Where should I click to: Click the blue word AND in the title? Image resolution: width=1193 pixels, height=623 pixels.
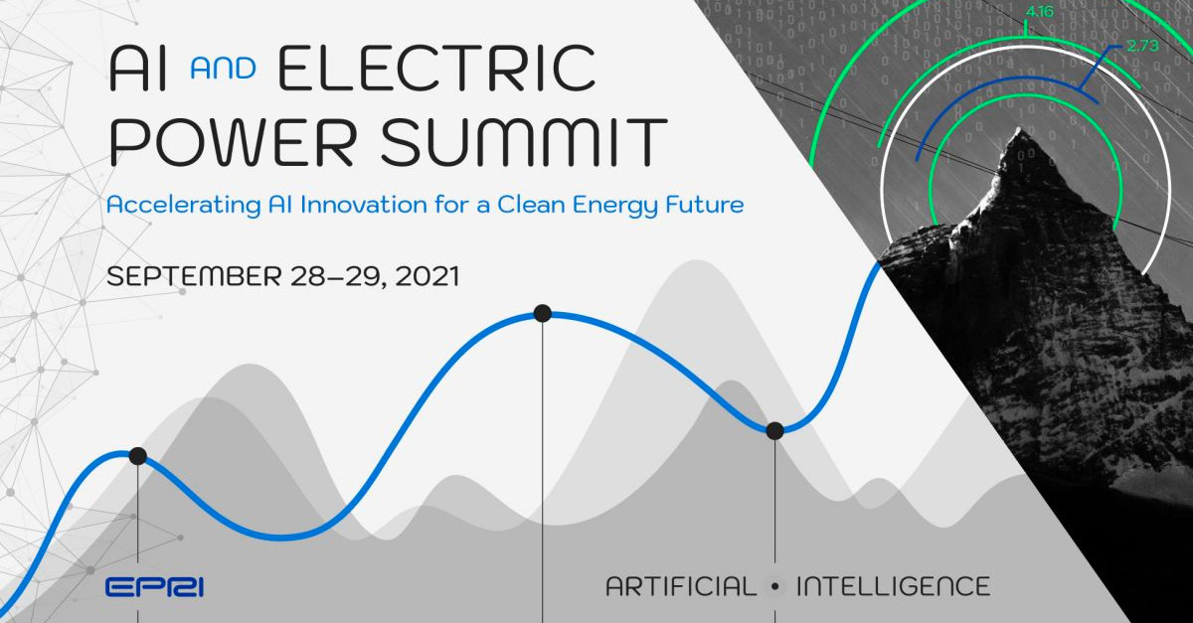(x=223, y=70)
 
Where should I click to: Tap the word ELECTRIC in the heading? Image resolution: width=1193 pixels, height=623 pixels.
(x=436, y=69)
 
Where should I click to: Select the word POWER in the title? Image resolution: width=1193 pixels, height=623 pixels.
(x=233, y=142)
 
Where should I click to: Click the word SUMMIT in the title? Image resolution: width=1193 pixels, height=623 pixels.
(x=524, y=142)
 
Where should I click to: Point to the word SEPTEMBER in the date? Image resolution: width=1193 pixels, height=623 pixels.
(x=195, y=276)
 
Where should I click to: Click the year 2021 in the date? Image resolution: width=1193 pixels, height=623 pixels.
(x=427, y=276)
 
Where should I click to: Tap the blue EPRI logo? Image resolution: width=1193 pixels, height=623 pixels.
(x=154, y=587)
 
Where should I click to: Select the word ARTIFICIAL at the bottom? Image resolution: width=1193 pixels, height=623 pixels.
(x=681, y=586)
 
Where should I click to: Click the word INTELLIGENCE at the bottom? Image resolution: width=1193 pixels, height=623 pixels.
(x=893, y=586)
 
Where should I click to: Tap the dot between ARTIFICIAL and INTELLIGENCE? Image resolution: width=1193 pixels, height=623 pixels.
(x=775, y=587)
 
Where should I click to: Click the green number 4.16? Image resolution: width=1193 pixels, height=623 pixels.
(x=1039, y=11)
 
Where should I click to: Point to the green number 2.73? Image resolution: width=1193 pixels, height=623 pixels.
(x=1143, y=46)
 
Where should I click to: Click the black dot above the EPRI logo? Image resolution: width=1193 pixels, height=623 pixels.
(x=137, y=456)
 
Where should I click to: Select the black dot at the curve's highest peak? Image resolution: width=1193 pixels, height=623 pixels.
(x=542, y=313)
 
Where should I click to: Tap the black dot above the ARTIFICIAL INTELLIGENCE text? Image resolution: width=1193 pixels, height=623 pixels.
(x=774, y=430)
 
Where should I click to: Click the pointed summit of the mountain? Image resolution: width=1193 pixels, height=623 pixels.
(x=1019, y=128)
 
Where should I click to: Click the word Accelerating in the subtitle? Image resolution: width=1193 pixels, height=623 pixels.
(x=184, y=206)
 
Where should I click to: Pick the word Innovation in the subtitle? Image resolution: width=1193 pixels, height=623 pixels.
(x=364, y=205)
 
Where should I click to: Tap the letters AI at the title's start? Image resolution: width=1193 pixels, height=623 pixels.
(x=138, y=69)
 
